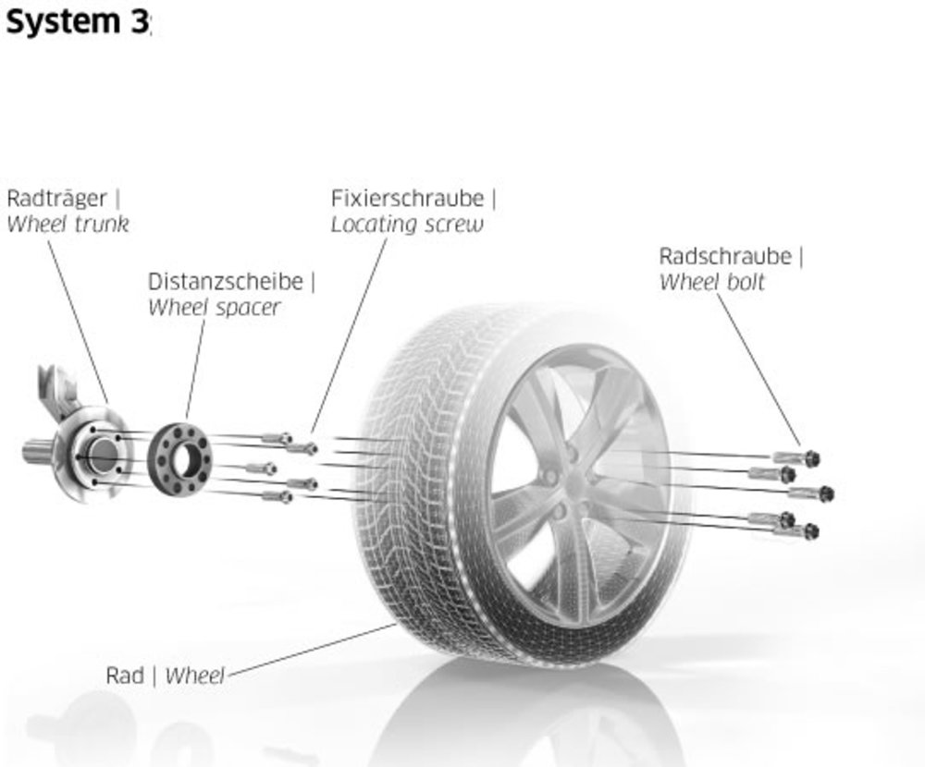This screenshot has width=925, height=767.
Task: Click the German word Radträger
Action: (57, 199)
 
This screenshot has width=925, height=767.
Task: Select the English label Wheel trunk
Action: (68, 224)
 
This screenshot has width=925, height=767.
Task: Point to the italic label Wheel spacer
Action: (214, 308)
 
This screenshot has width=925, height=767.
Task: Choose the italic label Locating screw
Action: (407, 225)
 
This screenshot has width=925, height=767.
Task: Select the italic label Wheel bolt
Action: (711, 282)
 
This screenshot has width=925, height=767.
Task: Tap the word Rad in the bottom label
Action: (124, 676)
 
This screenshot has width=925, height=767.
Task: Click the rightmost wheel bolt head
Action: (826, 493)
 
